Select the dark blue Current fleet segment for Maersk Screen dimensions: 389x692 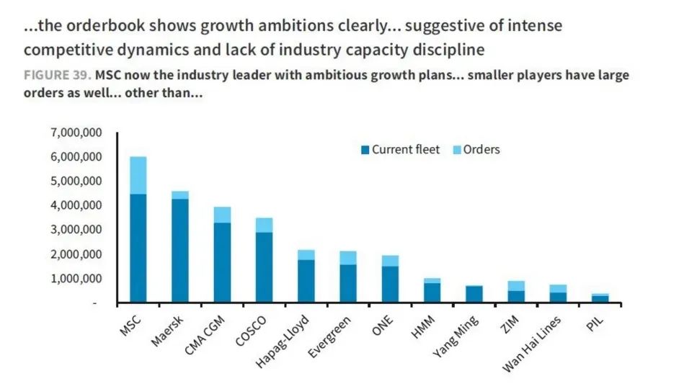(x=180, y=251)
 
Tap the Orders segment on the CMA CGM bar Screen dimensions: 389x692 (x=222, y=215)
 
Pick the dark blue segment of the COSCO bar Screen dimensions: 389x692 (x=265, y=267)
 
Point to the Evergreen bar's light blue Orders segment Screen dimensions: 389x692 (x=348, y=258)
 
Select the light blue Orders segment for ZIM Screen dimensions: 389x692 (x=515, y=286)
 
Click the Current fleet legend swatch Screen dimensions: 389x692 (x=365, y=150)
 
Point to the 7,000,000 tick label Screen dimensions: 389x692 (x=76, y=133)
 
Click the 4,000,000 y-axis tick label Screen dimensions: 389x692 (x=76, y=205)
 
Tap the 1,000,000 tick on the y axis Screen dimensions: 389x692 (x=76, y=279)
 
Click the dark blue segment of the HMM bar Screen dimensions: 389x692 (x=432, y=292)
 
